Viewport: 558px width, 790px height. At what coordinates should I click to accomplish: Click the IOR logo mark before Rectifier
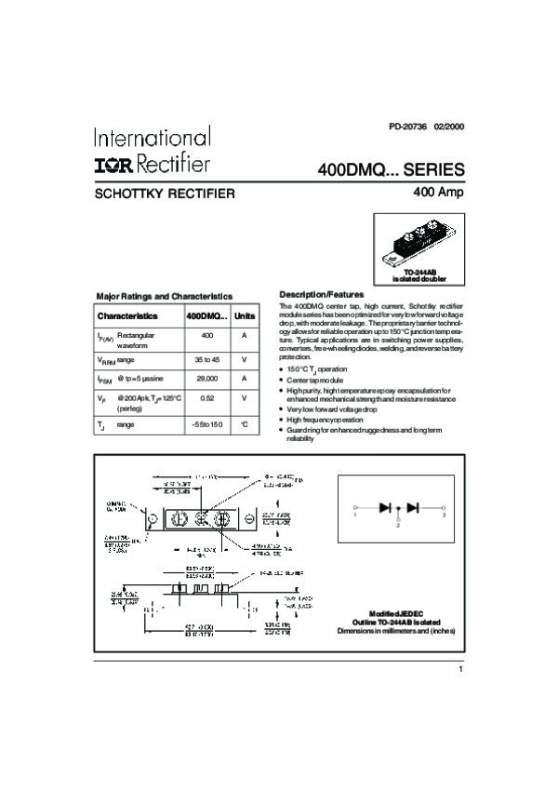tap(113, 166)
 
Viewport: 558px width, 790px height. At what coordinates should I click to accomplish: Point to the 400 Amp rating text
tap(437, 193)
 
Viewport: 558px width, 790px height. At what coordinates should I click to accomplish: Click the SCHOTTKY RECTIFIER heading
tap(165, 194)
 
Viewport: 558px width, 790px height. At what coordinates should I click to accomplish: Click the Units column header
tap(244, 315)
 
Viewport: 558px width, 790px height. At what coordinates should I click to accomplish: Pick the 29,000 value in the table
tap(207, 379)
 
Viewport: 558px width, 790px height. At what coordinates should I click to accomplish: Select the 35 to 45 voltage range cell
tap(207, 358)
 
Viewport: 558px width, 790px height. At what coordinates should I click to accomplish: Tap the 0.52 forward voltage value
tap(207, 398)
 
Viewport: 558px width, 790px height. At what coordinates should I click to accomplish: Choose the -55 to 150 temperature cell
tap(207, 424)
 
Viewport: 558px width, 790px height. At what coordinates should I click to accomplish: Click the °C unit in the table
tap(244, 424)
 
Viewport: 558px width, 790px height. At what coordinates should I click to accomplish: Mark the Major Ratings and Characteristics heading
tap(164, 296)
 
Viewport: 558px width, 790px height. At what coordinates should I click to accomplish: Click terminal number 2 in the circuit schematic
tap(398, 526)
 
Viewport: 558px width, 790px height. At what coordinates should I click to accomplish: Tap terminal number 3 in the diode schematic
tap(444, 515)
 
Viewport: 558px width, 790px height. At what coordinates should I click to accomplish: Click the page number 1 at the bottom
tap(459, 669)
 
